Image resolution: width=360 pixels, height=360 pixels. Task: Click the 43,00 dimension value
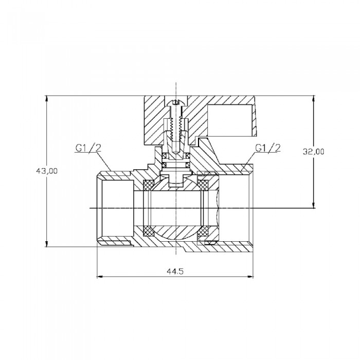coord(47,171)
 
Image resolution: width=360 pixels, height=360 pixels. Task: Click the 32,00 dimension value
coord(313,152)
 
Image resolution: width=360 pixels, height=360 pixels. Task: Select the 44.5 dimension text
coord(175,272)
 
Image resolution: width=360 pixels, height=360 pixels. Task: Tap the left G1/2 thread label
coord(88,148)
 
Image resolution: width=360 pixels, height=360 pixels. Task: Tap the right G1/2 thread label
coord(268,148)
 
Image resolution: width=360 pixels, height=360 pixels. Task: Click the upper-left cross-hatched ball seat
coord(148,185)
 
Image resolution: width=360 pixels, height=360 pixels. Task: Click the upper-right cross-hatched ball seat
coord(204,185)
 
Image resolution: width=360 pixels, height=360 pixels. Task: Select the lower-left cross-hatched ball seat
coord(148,231)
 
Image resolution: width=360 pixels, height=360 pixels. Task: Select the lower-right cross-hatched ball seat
coord(204,231)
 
